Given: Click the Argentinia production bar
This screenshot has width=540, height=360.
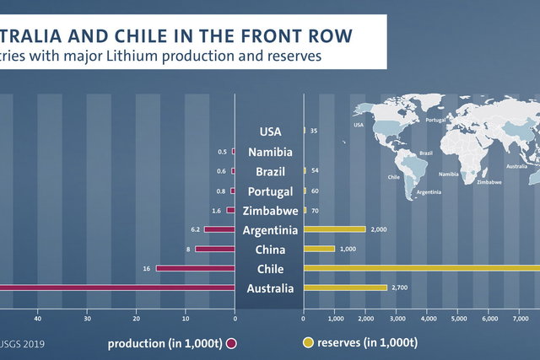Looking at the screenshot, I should pyautogui.click(x=219, y=229).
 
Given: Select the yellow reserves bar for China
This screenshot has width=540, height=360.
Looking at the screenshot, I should pyautogui.click(x=319, y=249).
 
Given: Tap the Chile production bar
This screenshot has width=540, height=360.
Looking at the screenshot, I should pyautogui.click(x=195, y=268).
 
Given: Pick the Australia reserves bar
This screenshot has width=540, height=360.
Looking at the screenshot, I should pyautogui.click(x=344, y=287).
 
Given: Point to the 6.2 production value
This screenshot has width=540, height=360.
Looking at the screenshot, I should pyautogui.click(x=195, y=229).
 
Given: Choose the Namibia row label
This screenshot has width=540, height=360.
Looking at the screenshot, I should pyautogui.click(x=270, y=153).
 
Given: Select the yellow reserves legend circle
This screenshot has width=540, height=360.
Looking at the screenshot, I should pyautogui.click(x=308, y=343).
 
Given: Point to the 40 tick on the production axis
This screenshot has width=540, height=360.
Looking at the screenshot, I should pyautogui.click(x=37, y=319).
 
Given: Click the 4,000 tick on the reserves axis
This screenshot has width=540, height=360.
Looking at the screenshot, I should pyautogui.click(x=427, y=319).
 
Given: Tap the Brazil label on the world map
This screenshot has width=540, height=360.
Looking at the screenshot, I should pyautogui.click(x=426, y=153).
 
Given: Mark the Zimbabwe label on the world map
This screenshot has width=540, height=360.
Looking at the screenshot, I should pyautogui.click(x=489, y=182).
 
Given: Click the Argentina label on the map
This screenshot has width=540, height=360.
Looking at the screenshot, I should pyautogui.click(x=429, y=192).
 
